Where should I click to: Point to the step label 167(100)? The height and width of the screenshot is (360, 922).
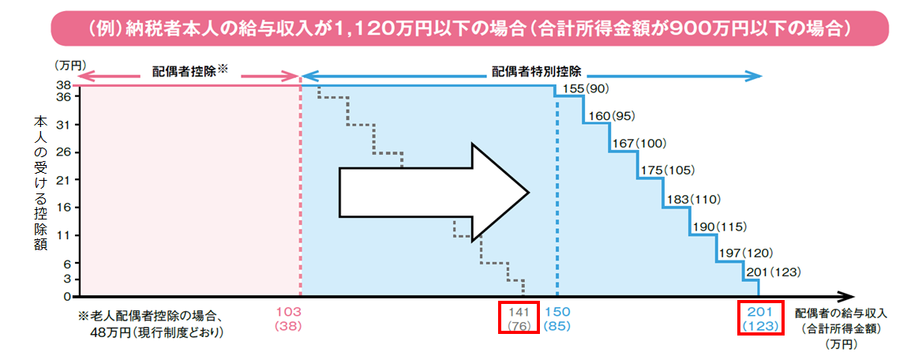click(x=639, y=144)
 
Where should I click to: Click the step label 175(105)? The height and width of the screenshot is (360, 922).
click(x=666, y=171)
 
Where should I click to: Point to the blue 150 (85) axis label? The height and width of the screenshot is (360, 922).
click(x=558, y=318)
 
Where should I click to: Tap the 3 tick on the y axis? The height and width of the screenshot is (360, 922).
click(x=68, y=278)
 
